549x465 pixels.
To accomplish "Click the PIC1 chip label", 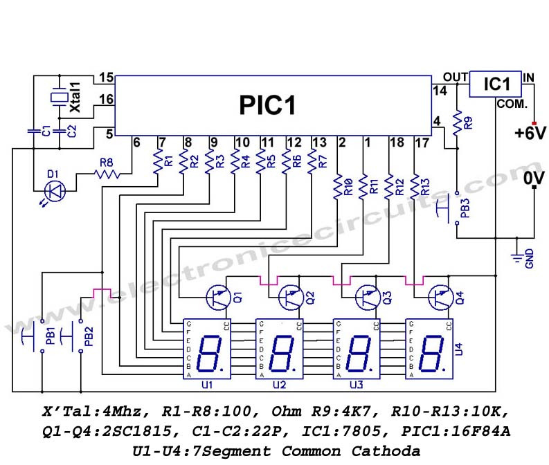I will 267,105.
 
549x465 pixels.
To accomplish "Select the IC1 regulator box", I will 496,84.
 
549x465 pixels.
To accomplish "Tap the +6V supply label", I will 530,133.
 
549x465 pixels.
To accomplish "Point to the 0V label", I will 534,179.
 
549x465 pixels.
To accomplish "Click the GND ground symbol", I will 516,257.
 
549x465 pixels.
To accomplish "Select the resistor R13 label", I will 424,186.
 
